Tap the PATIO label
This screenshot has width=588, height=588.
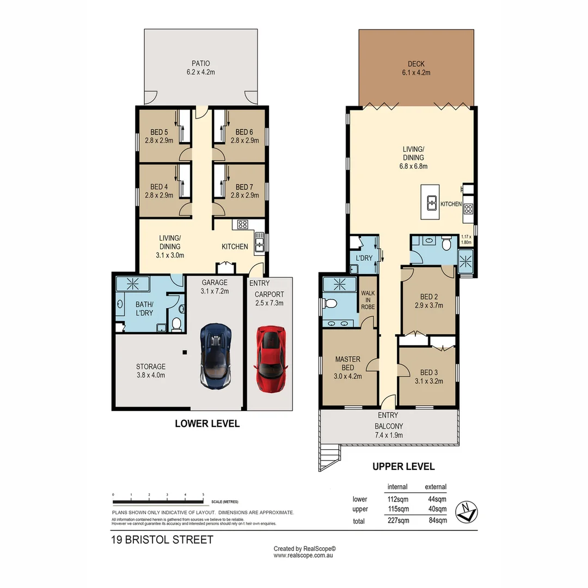pos(200,64)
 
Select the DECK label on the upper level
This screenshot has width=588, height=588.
pos(416,64)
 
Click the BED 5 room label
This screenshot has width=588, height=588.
pos(159,132)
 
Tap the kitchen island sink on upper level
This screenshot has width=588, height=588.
pos(432,203)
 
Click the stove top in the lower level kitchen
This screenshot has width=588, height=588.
pos(242,224)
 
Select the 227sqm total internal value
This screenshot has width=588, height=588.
pos(397,520)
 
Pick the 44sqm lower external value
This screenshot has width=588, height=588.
pos(436,499)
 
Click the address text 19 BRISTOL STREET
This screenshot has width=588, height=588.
pos(163,540)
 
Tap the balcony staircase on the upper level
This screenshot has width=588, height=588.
pos(328,451)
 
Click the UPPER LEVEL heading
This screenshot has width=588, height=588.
pos(403,467)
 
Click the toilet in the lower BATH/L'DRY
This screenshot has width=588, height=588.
pos(176,325)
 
